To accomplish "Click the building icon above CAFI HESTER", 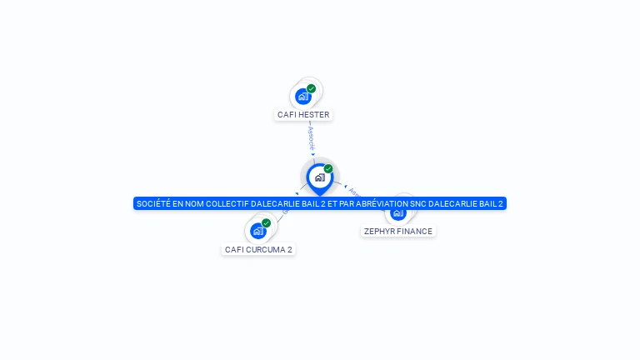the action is (x=303, y=97).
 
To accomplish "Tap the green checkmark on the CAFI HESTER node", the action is (x=311, y=88).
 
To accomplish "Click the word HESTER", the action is (x=313, y=115).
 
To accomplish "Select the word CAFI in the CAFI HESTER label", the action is (x=287, y=115).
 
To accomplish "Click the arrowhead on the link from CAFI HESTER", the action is (x=313, y=154).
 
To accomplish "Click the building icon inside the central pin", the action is (x=319, y=177).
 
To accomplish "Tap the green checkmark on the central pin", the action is (x=328, y=168).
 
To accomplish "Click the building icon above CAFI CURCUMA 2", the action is (x=257, y=231).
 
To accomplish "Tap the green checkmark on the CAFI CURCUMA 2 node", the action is (x=266, y=222).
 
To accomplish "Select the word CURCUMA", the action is (x=265, y=249).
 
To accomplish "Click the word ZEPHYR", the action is (x=380, y=232).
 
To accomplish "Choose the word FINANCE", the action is (x=415, y=232).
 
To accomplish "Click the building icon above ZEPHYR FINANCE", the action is (x=398, y=213).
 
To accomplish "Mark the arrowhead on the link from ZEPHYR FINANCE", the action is (x=345, y=187).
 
